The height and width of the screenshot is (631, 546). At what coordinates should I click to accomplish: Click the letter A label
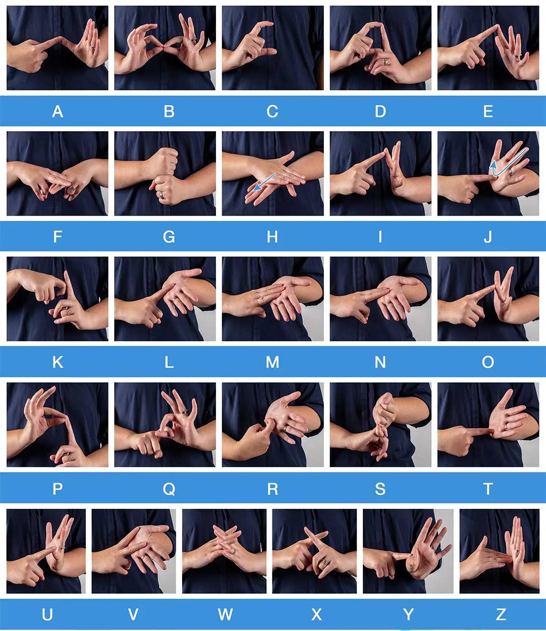click(x=58, y=112)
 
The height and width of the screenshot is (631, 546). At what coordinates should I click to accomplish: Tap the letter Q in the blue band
click(x=169, y=489)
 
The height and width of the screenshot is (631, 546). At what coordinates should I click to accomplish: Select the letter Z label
click(x=501, y=614)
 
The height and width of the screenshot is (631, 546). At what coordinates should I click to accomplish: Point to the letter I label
click(x=380, y=237)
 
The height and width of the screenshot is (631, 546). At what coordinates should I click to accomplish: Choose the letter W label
click(x=225, y=614)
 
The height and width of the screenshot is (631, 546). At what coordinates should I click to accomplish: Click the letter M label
click(x=272, y=362)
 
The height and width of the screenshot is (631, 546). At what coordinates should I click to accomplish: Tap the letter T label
click(x=488, y=489)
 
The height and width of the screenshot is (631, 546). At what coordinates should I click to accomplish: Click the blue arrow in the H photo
click(x=264, y=183)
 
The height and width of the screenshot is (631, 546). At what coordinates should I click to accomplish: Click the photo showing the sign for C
click(x=273, y=47)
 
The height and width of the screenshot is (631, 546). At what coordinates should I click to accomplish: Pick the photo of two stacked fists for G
click(x=165, y=173)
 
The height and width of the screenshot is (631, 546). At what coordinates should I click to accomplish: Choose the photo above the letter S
click(x=380, y=425)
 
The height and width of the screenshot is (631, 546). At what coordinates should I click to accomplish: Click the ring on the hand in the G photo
click(x=161, y=195)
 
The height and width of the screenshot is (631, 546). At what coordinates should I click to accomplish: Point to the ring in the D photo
click(x=386, y=62)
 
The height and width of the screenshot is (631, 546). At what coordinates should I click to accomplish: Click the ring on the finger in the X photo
click(x=325, y=561)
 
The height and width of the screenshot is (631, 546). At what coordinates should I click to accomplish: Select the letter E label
click(x=488, y=112)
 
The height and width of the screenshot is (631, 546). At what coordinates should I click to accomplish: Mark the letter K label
click(x=58, y=362)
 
